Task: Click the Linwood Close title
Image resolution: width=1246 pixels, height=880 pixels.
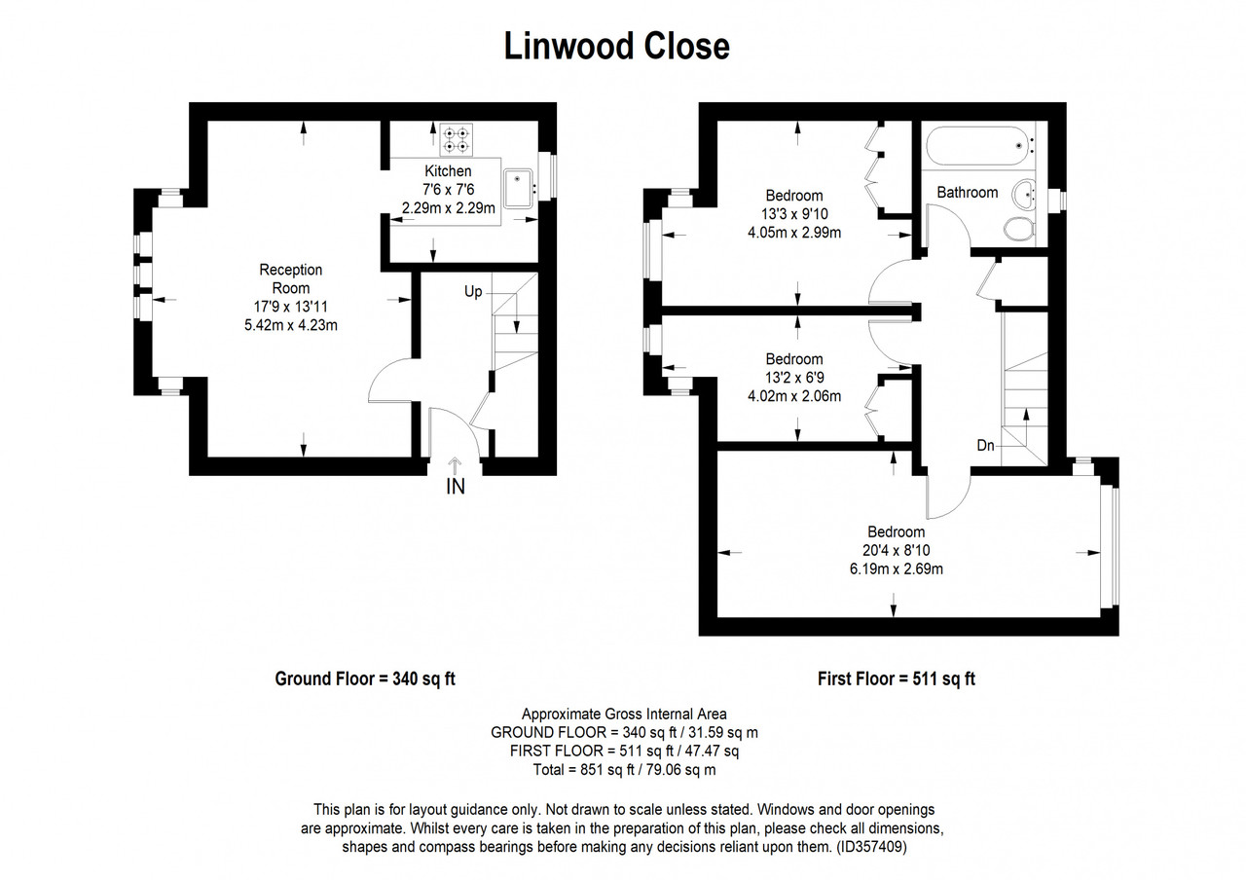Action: [616, 46]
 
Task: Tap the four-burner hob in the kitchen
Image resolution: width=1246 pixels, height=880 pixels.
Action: [457, 139]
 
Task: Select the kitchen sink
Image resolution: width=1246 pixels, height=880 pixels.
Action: [519, 188]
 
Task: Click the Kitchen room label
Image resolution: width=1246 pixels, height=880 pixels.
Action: [448, 170]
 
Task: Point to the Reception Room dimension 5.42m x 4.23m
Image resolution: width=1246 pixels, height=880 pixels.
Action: [291, 325]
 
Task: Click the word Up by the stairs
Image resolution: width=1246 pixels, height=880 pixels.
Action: [473, 291]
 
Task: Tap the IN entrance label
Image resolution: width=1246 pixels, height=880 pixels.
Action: [456, 487]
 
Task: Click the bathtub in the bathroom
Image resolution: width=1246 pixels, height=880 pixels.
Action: [978, 146]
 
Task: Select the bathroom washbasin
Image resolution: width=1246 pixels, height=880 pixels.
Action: [1023, 194]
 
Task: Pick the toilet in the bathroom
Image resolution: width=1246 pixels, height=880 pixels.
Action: [1019, 229]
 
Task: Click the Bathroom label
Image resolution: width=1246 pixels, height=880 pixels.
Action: [968, 193]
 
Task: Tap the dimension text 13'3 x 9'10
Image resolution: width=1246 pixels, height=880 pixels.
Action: [794, 213]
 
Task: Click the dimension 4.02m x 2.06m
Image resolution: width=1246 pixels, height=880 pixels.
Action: [794, 396]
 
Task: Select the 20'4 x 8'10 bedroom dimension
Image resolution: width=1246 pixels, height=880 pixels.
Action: [897, 550]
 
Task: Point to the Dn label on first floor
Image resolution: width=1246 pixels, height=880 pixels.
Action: [986, 445]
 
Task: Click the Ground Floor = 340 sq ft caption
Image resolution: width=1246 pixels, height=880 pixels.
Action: [365, 678]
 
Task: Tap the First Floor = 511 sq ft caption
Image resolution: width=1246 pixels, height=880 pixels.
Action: [897, 678]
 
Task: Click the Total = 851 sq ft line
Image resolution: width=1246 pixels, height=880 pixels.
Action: [624, 770]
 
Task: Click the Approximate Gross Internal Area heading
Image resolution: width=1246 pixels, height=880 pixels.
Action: [624, 715]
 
